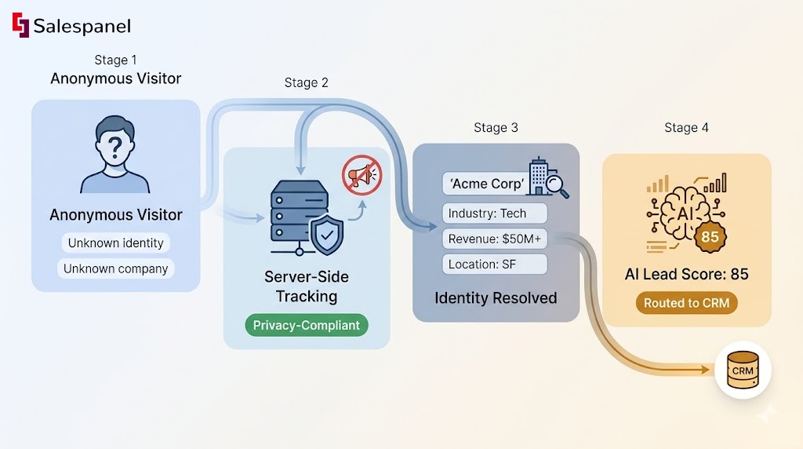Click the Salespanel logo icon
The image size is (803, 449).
pos(20,26)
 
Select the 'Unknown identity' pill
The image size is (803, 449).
pos(115,243)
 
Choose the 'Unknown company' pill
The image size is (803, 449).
pos(115,268)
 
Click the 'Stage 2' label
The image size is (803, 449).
pos(306,82)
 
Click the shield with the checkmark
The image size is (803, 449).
pos(326,232)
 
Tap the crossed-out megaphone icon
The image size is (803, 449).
pos(362,174)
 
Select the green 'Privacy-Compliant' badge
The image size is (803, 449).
pos(306,325)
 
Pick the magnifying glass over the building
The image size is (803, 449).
pos(558,185)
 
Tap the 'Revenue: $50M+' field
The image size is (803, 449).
pos(494,239)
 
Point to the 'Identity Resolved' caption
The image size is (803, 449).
pos(496,298)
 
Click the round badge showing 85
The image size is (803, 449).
pos(710,236)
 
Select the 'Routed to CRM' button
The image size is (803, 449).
pos(686,303)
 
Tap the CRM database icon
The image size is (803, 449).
pos(743,371)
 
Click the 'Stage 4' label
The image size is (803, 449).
pos(686,127)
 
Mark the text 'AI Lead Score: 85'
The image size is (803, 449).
pos(686,274)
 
